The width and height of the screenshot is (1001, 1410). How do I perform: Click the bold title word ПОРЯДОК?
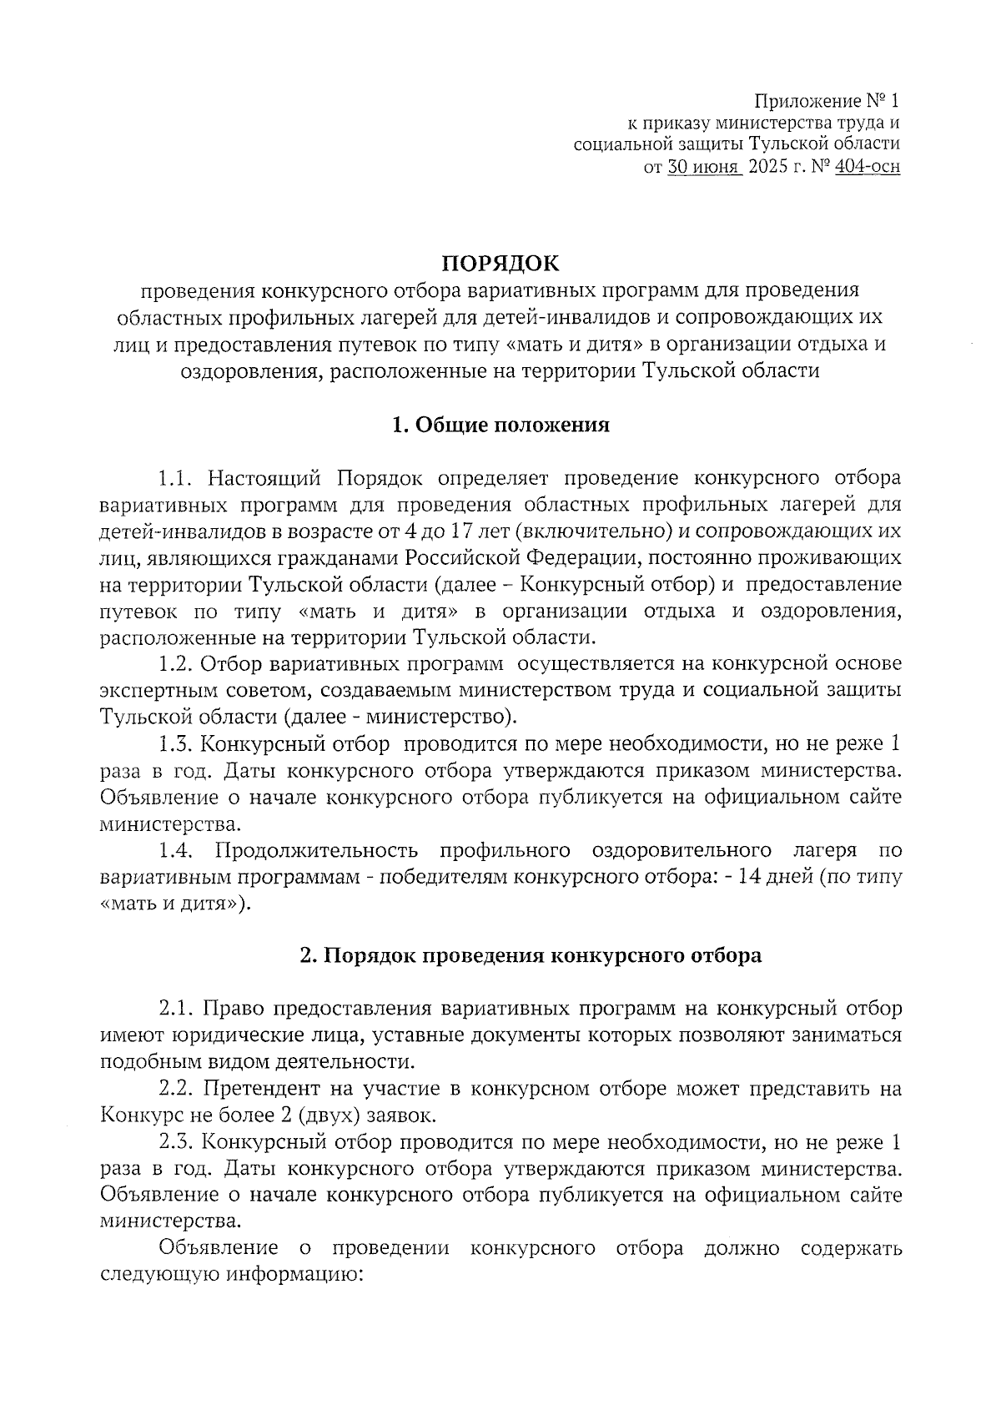(500, 264)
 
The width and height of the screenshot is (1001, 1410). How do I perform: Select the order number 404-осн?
(868, 167)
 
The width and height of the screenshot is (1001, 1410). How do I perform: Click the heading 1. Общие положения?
(500, 426)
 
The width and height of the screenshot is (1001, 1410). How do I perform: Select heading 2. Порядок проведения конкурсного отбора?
(531, 955)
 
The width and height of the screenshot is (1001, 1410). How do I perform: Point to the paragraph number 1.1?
(176, 479)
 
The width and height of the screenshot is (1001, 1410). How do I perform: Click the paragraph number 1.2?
(176, 664)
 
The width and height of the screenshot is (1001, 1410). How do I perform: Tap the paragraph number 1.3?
(176, 743)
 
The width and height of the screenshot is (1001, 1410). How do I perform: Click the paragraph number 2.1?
(176, 1009)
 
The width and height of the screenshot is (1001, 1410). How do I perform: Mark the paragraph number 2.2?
(176, 1089)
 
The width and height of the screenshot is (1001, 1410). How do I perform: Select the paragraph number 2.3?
(176, 1142)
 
